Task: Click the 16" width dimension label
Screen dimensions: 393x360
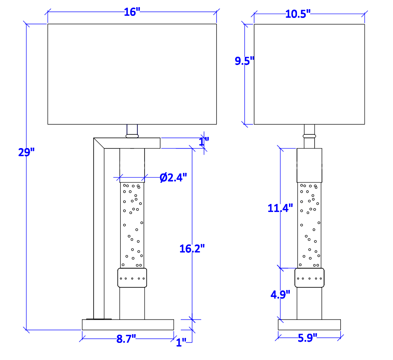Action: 132,12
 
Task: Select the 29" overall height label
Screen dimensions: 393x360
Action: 26,152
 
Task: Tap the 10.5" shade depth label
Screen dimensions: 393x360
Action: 298,14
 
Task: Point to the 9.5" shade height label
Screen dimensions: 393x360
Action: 244,61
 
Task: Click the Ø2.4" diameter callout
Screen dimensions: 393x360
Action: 173,178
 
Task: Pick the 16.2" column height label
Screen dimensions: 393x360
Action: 192,249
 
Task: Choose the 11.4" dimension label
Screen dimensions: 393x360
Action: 280,208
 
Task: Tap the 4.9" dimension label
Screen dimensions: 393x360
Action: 280,295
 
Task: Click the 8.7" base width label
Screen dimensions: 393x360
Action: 126,339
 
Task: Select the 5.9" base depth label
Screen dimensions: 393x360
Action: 307,338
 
